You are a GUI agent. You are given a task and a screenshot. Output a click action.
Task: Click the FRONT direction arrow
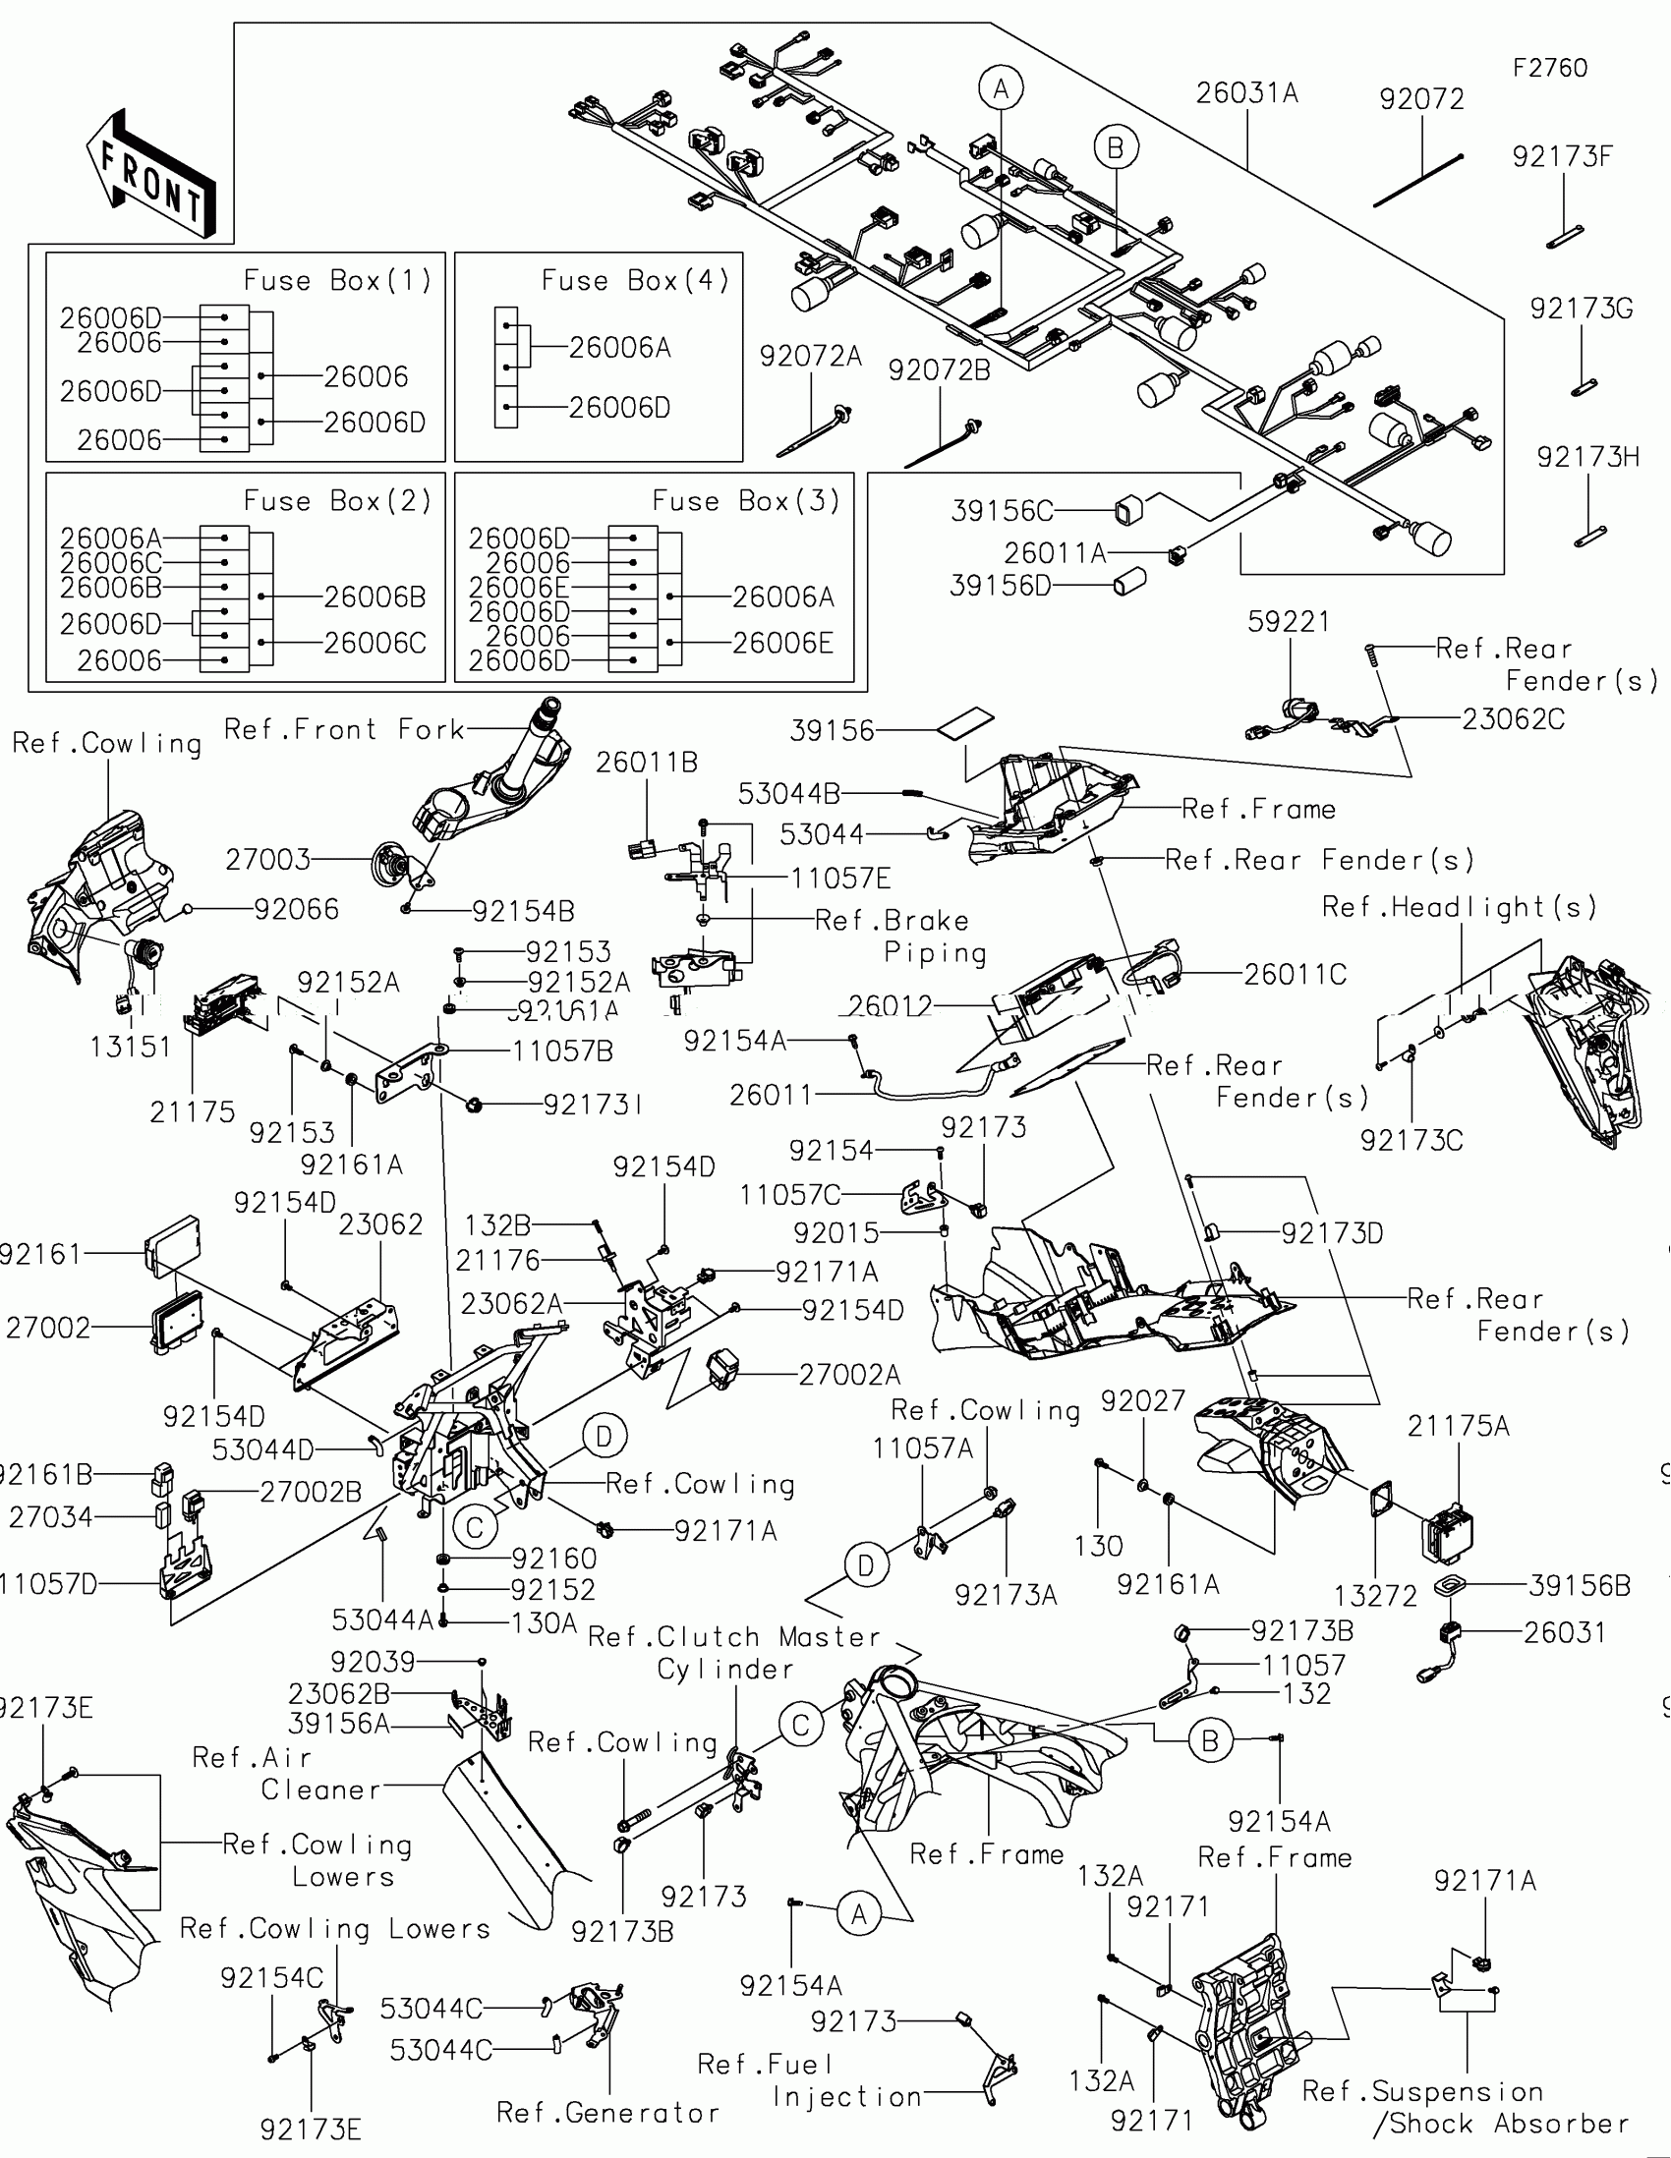[x=150, y=174]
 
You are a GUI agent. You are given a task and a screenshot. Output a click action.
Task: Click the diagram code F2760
[x=1549, y=68]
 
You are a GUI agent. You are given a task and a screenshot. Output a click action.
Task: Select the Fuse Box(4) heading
[x=635, y=281]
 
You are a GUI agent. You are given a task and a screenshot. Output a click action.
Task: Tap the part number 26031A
[x=1246, y=93]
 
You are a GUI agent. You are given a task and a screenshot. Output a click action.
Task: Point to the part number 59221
[x=1288, y=621]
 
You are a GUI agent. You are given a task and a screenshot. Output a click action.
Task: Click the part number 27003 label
[x=266, y=860]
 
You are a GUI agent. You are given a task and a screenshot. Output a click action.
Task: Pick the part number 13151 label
[x=131, y=1047]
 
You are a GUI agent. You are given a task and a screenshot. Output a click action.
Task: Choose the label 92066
[x=297, y=909]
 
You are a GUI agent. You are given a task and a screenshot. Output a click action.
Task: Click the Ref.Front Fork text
[x=344, y=729]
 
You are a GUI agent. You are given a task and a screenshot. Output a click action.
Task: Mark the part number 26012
[x=890, y=1006]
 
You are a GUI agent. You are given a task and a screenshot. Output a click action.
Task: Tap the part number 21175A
[x=1458, y=1426]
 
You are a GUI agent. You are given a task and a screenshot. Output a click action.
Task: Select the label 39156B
[x=1580, y=1586]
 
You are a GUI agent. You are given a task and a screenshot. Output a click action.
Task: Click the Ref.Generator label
[x=606, y=2113]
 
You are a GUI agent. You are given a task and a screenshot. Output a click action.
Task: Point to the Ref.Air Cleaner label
[x=287, y=1774]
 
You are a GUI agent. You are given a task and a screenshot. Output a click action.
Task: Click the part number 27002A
[x=849, y=1375]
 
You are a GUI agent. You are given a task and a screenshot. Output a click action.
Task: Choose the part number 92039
[x=373, y=1661]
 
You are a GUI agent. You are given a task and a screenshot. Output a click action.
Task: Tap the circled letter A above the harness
[x=1001, y=88]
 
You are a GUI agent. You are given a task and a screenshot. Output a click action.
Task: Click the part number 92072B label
[x=939, y=369]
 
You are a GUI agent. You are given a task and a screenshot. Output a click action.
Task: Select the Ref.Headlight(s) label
[x=1459, y=907]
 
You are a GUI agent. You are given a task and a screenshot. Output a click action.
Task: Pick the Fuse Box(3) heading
[x=746, y=501]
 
